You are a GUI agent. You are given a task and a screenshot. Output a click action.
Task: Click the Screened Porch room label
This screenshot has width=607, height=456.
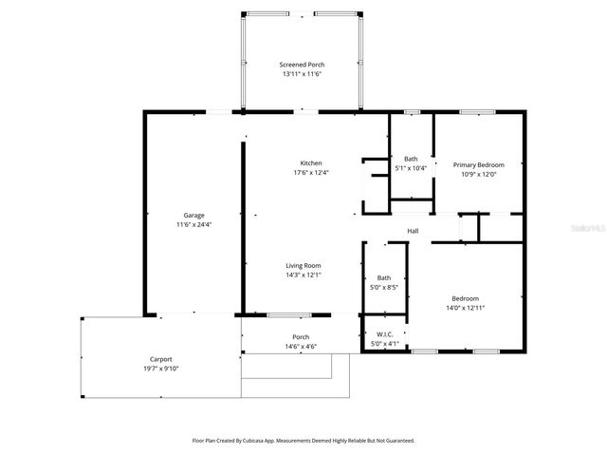(302, 64)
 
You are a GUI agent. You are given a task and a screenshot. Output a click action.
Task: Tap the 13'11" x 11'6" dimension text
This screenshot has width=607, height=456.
(302, 74)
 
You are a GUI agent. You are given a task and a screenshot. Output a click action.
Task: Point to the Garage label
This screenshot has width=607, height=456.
(193, 215)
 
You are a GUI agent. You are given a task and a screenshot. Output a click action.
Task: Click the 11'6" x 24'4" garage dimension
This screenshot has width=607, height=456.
(193, 225)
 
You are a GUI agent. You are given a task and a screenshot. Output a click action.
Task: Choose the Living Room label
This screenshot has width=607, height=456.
(304, 265)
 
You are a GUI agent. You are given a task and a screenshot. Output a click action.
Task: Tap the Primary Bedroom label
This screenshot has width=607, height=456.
(478, 164)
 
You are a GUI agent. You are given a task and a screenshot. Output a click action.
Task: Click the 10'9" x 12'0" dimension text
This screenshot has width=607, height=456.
(478, 175)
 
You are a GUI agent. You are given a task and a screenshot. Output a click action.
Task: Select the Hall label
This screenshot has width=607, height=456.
(414, 231)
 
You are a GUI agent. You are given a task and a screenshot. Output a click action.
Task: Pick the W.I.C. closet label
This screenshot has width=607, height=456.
(385, 333)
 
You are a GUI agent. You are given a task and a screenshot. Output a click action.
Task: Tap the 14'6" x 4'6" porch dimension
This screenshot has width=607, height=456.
(300, 347)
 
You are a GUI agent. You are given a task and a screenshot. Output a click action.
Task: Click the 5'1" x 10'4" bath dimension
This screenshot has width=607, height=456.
(411, 169)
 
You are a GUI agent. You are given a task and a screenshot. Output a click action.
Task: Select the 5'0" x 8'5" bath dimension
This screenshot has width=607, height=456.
(384, 287)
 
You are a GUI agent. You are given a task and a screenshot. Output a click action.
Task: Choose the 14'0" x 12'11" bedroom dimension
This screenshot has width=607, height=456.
(465, 308)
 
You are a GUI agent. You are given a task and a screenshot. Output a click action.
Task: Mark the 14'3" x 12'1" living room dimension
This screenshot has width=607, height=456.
(304, 275)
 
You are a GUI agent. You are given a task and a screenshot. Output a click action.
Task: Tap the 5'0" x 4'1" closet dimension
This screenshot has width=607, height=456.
(385, 344)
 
